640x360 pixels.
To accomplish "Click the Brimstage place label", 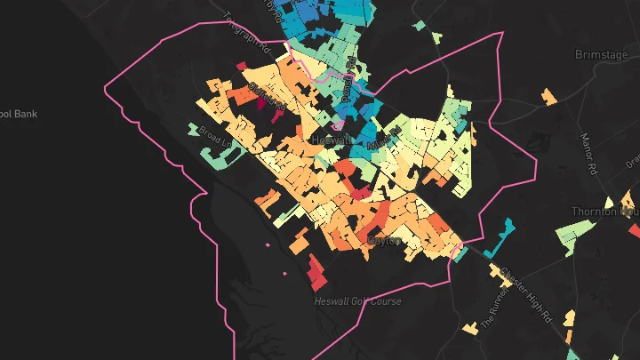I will coord(602,54).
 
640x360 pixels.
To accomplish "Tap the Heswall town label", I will coord(331,140).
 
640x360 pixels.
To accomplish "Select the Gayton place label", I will coord(385,240).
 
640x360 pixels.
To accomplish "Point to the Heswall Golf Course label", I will coord(357,301).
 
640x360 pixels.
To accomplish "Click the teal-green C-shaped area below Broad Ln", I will coord(220,156).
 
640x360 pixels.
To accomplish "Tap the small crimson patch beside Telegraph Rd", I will coord(241,65).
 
